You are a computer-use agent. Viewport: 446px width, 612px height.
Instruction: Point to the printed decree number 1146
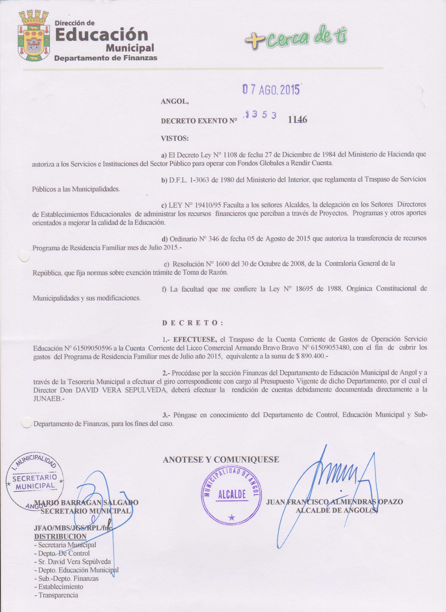tap(298, 120)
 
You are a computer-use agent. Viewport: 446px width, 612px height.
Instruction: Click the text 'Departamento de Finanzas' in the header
tap(106, 58)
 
